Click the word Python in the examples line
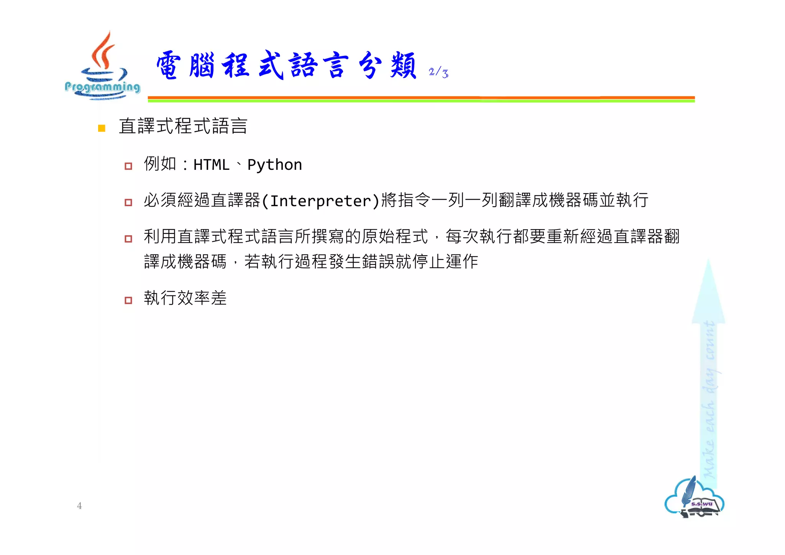coord(274,165)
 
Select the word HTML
coord(211,165)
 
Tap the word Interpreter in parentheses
coord(320,201)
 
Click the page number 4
coord(79,506)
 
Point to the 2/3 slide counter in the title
coord(438,72)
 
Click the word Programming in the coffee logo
coord(102,87)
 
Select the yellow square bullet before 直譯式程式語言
coord(102,128)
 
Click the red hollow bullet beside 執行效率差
coord(128,300)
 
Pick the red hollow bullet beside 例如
coord(128,166)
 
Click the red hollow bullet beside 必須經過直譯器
coord(128,202)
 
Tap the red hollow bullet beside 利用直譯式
coord(128,239)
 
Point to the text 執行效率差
coord(185,298)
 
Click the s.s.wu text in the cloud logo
coord(701,504)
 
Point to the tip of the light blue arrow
coord(708,262)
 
